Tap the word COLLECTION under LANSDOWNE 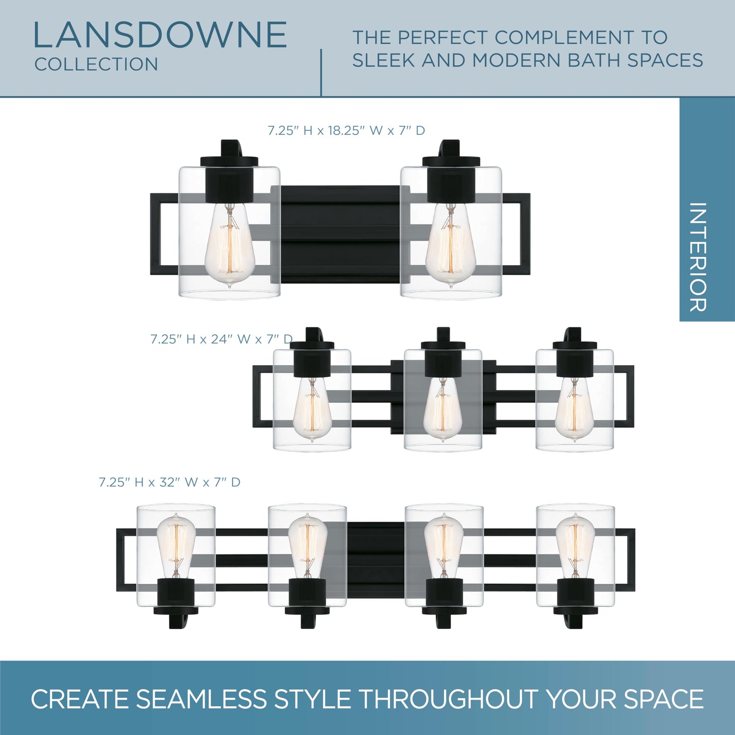coord(96,64)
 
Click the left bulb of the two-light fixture coord(229,245)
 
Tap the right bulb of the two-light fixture coord(450,245)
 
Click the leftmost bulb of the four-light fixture coord(176,545)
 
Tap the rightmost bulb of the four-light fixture coord(575,545)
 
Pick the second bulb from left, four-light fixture coord(307,545)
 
